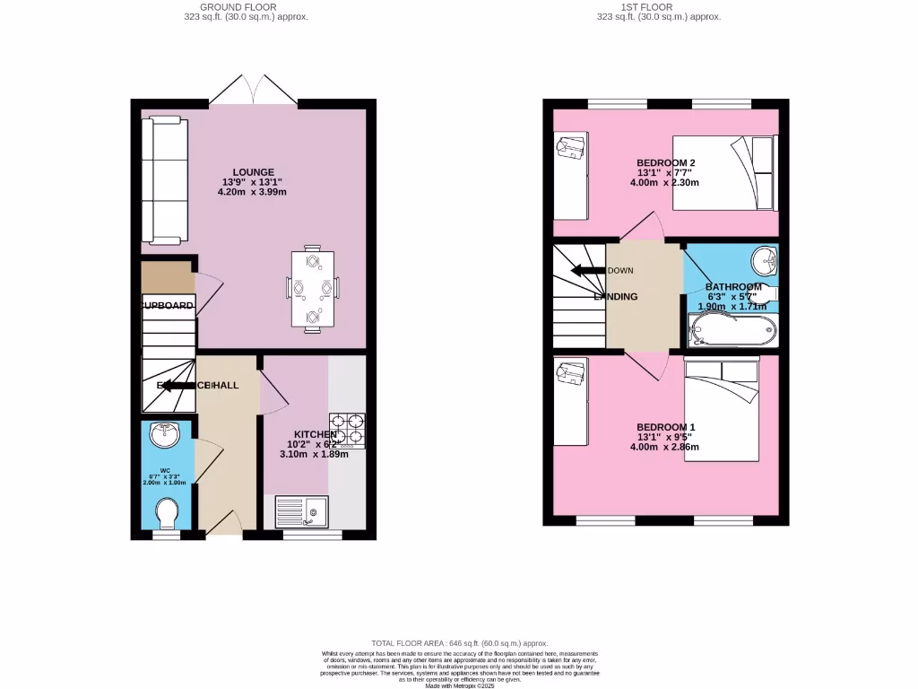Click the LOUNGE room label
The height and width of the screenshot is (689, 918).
click(x=254, y=172)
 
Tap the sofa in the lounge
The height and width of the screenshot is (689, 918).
click(x=163, y=180)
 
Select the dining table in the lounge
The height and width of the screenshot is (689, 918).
click(x=313, y=289)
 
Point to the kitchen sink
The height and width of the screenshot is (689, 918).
click(x=303, y=511)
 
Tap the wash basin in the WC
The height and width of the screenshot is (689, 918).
click(x=166, y=435)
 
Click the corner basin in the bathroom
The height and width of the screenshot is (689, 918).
click(x=764, y=261)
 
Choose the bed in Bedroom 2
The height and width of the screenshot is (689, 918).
click(x=725, y=172)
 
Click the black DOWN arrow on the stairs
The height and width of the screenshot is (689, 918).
click(x=588, y=270)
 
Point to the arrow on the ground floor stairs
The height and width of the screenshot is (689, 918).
click(x=178, y=385)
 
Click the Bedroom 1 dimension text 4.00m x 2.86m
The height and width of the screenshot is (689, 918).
click(x=665, y=447)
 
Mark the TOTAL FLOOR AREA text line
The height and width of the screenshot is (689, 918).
click(x=460, y=643)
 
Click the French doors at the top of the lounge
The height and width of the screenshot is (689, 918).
click(x=255, y=90)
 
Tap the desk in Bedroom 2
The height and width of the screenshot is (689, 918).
click(x=570, y=176)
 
